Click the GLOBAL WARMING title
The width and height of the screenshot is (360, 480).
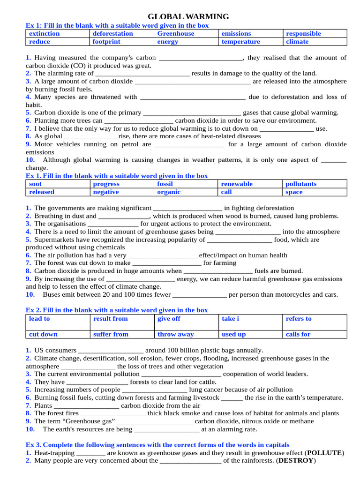coord(188,16)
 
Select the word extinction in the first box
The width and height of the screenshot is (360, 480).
coord(45,34)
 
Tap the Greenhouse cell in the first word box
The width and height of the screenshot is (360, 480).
coord(175,34)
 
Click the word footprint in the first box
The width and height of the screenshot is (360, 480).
coord(106,42)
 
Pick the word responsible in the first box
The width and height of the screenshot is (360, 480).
coord(303,34)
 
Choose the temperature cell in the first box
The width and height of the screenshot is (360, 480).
coord(240,42)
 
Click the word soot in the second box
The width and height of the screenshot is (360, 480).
coord(35,184)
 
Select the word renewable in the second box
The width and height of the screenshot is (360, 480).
coord(237,184)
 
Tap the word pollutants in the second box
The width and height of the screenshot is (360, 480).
coord(301,184)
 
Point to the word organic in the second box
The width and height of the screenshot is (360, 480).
coord(169,192)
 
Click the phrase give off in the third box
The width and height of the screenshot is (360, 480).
coord(169,319)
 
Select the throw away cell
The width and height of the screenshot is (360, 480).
coord(175,335)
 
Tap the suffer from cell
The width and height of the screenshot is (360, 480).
coord(111,335)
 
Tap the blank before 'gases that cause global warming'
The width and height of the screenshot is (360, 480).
coord(192,113)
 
